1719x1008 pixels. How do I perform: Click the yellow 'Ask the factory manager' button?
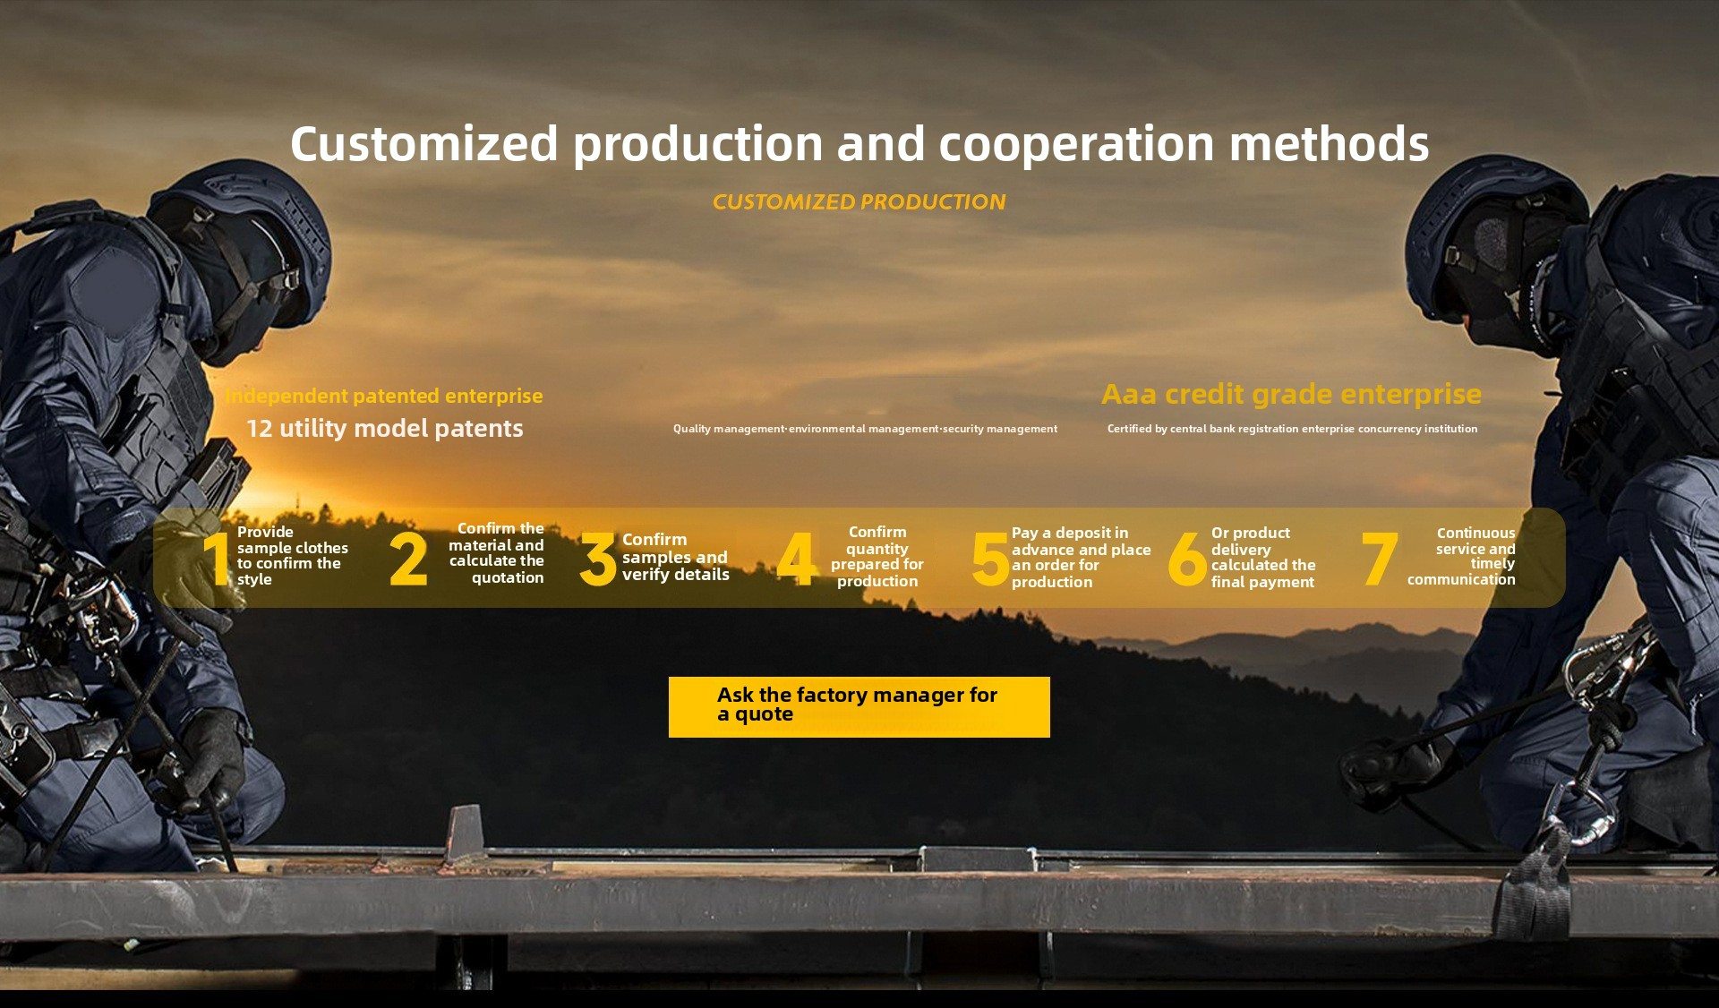(859, 706)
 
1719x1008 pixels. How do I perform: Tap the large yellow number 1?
(217, 559)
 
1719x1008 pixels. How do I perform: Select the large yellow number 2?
(408, 559)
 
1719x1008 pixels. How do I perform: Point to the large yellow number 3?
(598, 559)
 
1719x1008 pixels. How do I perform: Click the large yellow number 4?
(796, 559)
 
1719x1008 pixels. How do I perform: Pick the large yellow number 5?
(990, 560)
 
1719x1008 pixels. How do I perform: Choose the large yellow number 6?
(1187, 560)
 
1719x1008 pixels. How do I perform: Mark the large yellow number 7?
(1380, 559)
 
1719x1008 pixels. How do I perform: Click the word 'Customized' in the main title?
(424, 143)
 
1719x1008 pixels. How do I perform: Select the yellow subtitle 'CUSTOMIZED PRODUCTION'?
(859, 202)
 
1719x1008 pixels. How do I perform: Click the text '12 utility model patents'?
(385, 429)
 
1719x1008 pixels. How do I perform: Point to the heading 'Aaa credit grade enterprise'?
(1291, 394)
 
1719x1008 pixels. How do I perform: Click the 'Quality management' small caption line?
(865, 429)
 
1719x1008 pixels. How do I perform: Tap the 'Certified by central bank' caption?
(1292, 429)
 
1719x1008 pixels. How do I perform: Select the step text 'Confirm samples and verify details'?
(676, 557)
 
